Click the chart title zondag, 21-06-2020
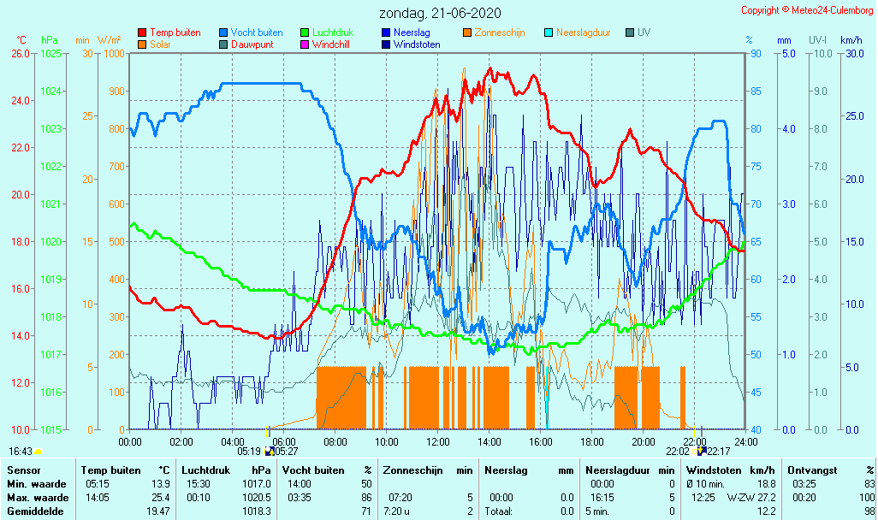(x=440, y=14)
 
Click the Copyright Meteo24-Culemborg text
(x=807, y=10)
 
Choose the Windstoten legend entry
(x=417, y=44)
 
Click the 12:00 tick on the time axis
(x=438, y=441)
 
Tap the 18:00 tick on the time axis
(x=592, y=441)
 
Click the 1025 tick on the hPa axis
(x=50, y=53)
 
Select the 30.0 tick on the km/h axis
(x=852, y=53)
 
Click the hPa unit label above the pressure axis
(x=50, y=40)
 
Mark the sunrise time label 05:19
(x=249, y=451)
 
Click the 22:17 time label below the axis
(x=719, y=451)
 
